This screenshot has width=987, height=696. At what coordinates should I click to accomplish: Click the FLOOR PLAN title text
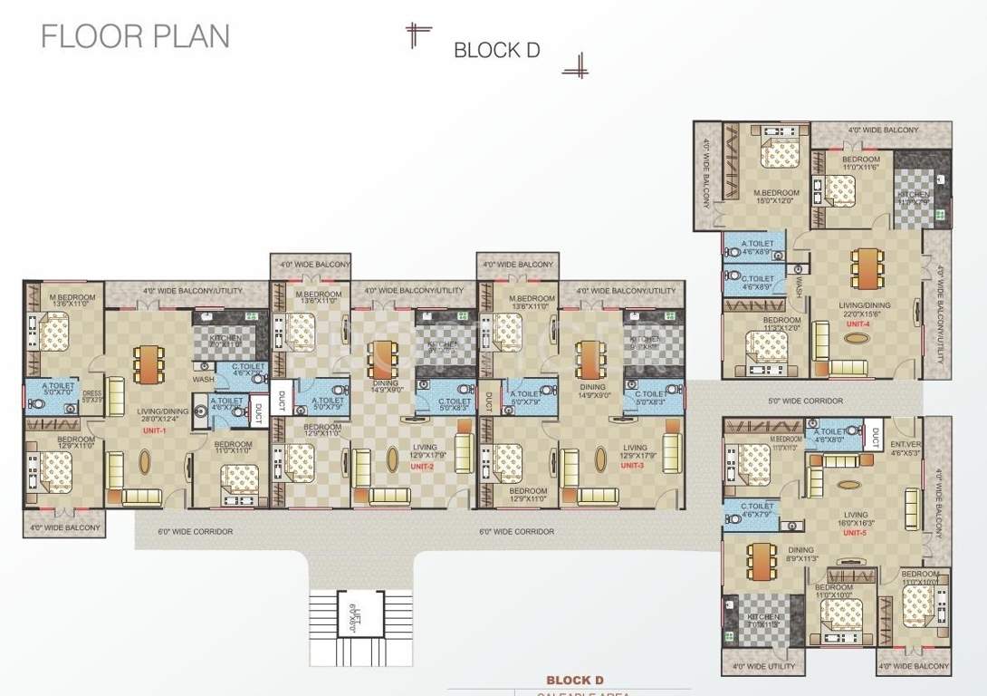(136, 36)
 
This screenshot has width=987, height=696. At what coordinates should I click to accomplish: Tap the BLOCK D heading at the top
(496, 50)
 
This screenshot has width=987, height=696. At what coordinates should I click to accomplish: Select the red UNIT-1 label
(154, 431)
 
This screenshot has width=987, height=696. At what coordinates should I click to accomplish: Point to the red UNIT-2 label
(422, 466)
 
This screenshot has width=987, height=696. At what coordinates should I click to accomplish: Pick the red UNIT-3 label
(632, 466)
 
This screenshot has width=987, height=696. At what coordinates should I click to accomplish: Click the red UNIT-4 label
(857, 324)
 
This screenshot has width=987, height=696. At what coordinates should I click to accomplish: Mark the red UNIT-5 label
(855, 533)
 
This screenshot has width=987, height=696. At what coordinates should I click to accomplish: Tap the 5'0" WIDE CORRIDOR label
(805, 401)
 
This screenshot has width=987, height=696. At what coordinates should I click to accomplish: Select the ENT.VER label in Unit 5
(906, 449)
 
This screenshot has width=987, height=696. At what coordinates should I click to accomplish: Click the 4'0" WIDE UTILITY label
(762, 667)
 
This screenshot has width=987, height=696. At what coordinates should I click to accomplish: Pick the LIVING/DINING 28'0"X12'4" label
(150, 414)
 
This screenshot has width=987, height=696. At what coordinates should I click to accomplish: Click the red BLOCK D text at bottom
(574, 680)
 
